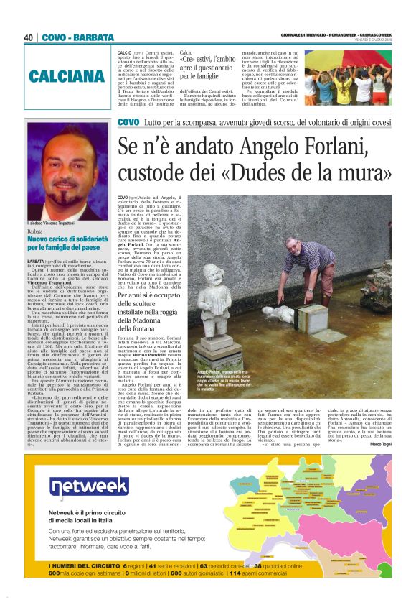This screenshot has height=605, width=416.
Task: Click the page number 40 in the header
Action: (x=29, y=37)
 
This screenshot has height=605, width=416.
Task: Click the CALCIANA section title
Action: (x=70, y=77)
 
